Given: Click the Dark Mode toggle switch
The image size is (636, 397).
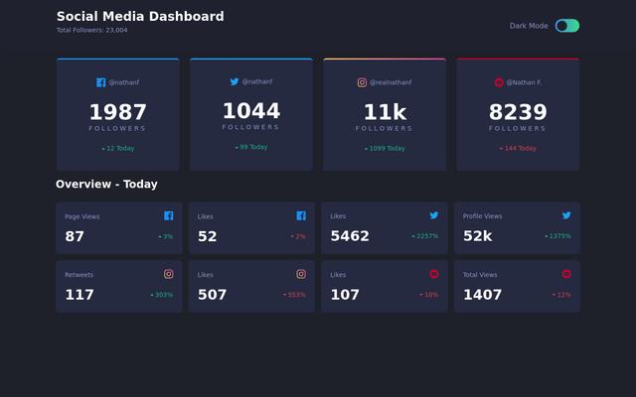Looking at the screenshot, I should coord(567,26).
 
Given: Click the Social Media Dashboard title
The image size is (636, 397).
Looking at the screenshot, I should coord(140,16).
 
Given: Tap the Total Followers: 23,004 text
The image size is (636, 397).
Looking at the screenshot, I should coord(91,31).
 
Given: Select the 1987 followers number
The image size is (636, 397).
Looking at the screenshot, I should coord(117,112).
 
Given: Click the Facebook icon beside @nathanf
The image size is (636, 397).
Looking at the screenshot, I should coord(101,82).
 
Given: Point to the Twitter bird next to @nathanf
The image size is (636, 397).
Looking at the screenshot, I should coord(235,81).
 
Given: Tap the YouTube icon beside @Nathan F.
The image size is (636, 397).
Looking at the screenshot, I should coord(499,82).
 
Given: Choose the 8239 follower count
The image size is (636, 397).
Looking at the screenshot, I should coord(518,112).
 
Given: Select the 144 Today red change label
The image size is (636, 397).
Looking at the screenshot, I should coord(519,149).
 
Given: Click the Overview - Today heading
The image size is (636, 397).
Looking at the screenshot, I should coord(106,185).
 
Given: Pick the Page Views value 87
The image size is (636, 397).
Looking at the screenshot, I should coord(75,236).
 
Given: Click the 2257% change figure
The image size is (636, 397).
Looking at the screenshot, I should coord(425,236).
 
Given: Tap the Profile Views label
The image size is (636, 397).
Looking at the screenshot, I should coord(482,215).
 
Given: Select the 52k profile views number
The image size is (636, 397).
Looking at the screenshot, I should coord(477,236).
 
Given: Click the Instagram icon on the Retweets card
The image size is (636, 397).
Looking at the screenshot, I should coord(169,274).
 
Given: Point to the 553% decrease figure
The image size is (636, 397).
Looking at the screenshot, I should coord(295,295).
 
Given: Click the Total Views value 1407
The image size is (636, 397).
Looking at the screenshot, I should coord(482,295).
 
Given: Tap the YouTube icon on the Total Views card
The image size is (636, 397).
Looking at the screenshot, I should coord(566,274).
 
